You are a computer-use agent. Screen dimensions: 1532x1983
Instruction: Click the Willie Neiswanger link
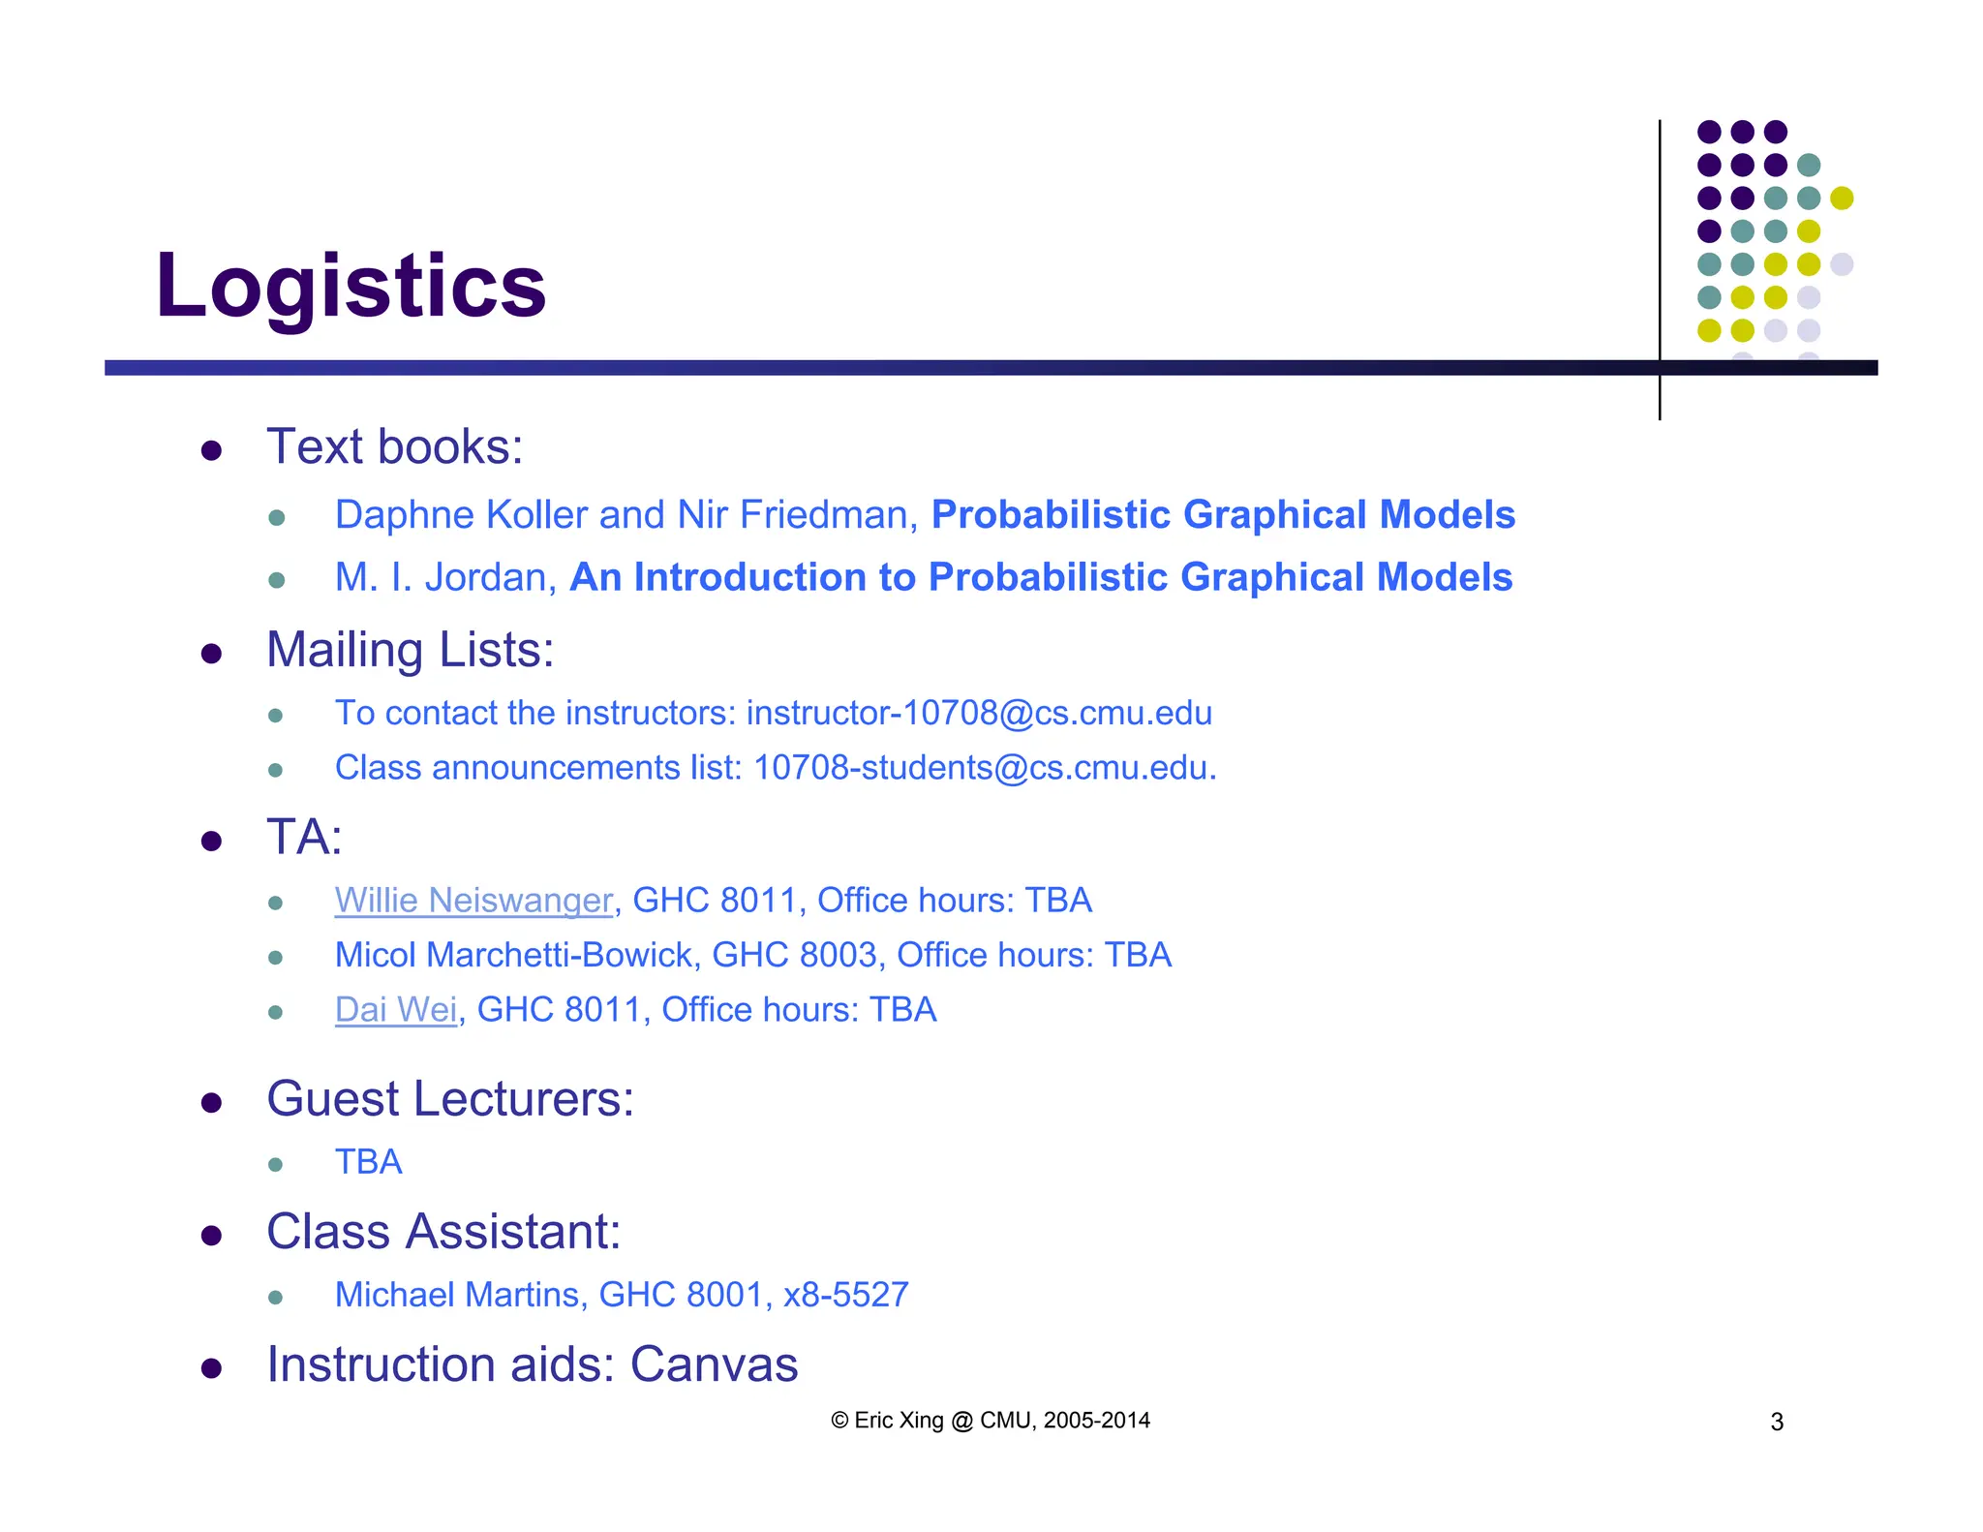tap(473, 901)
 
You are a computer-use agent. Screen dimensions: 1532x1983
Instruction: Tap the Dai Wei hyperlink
tap(395, 1010)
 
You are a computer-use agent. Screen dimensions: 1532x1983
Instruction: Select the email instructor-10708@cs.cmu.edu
tap(979, 714)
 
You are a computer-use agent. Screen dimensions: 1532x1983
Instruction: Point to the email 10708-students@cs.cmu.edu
tap(982, 768)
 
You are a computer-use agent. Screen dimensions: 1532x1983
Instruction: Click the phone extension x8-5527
tap(845, 1295)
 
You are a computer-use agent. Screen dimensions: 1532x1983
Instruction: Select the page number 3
tap(1777, 1422)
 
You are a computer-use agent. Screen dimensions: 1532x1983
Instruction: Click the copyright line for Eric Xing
tap(990, 1421)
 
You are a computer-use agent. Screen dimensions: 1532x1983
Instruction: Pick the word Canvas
tap(714, 1364)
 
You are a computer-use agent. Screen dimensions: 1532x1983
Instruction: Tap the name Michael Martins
tap(456, 1295)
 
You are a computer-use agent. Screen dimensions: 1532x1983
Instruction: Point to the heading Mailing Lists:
tap(410, 650)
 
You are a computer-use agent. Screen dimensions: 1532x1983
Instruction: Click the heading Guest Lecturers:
tap(450, 1099)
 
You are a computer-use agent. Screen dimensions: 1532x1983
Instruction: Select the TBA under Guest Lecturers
tap(368, 1162)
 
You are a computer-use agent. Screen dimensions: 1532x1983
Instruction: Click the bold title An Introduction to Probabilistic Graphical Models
tap(1041, 577)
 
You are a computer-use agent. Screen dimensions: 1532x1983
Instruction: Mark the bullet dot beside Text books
tap(211, 450)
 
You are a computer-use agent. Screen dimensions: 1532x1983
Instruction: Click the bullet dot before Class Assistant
tap(211, 1235)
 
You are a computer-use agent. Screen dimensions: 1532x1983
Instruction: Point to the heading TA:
tap(304, 838)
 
